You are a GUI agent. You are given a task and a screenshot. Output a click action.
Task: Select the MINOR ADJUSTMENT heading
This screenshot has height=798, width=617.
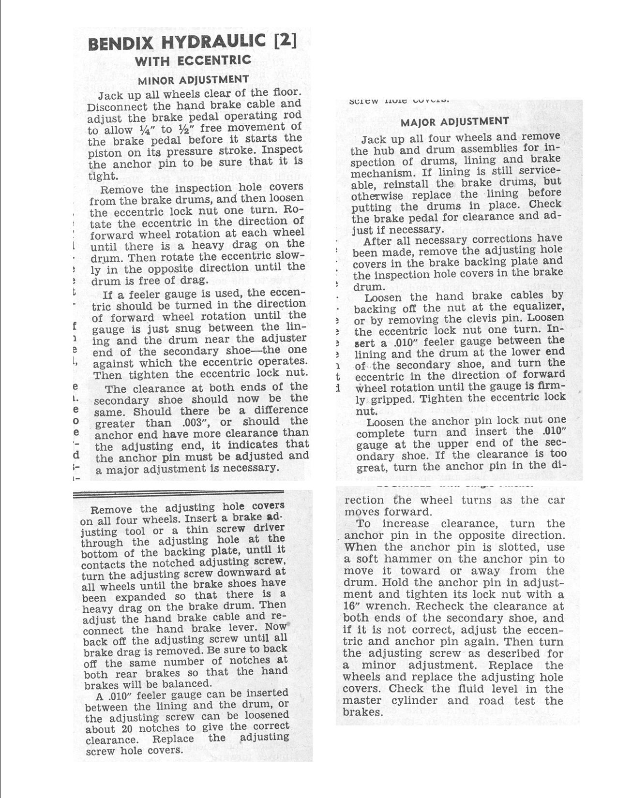(x=193, y=79)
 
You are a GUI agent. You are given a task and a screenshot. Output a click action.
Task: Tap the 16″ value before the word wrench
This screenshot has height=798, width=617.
(x=351, y=606)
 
